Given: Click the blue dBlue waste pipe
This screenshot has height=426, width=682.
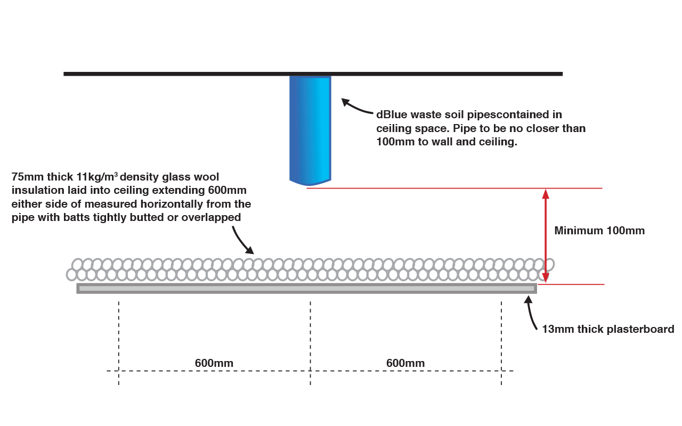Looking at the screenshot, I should (x=310, y=128).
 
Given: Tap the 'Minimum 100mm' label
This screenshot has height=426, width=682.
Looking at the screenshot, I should (x=599, y=231).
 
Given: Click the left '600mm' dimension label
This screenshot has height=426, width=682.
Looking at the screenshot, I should (x=214, y=363).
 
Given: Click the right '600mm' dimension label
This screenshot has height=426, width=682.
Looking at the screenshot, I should (x=405, y=363).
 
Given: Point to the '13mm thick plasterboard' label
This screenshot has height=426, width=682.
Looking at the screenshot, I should (x=608, y=329).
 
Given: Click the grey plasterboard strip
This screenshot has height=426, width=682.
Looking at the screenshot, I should (x=306, y=289).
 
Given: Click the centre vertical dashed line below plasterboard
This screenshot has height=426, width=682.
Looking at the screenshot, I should (x=310, y=341).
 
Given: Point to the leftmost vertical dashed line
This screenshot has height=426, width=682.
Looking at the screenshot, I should (x=119, y=341).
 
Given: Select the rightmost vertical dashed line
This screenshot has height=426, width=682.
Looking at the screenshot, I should (x=501, y=341).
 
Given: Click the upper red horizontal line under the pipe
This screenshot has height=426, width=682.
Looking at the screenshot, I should (x=453, y=188).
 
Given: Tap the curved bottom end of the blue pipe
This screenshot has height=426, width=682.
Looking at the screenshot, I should (x=310, y=182).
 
